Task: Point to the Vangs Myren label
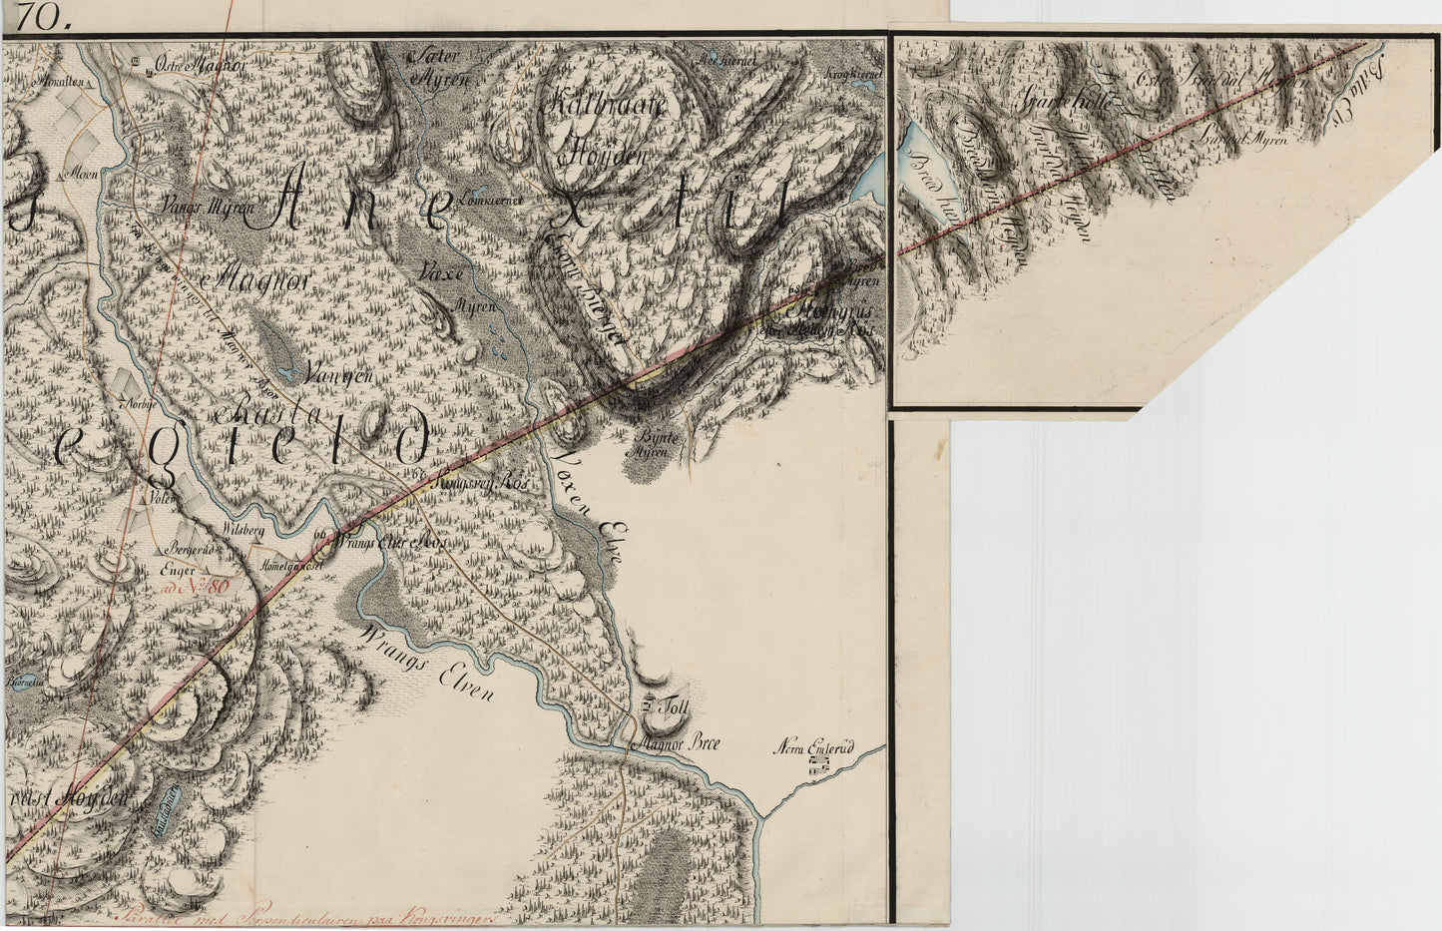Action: pos(214,210)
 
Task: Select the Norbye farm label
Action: pos(134,404)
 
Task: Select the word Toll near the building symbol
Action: pos(682,704)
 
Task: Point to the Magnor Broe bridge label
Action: pos(678,742)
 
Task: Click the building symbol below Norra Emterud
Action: pos(820,763)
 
